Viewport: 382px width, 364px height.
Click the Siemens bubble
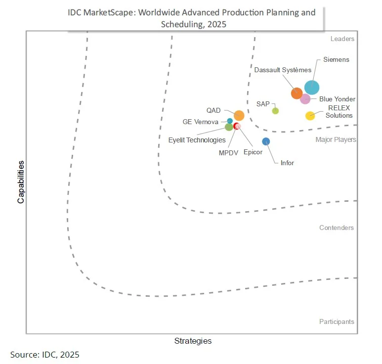312,88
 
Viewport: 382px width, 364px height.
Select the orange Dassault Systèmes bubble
297,93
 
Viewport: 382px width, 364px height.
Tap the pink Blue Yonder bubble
305,99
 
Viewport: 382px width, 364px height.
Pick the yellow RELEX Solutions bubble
310,116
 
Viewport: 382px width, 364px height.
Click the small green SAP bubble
275,111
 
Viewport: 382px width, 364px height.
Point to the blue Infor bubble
266,141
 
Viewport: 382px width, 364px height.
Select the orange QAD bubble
239,116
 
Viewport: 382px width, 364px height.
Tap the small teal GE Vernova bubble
230,121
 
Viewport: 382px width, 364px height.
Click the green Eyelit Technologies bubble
229,127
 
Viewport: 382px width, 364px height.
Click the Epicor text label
253,152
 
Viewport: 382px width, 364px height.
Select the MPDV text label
228,153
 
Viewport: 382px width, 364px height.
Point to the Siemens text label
336,60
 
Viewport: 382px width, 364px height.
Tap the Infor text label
287,163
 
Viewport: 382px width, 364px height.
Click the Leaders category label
342,39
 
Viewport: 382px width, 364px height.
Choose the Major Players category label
336,140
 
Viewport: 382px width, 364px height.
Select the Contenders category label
337,228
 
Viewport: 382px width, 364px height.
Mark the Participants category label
337,322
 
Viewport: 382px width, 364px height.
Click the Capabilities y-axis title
21,182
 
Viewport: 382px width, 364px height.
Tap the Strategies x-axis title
193,341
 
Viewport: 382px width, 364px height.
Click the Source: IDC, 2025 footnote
45,355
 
